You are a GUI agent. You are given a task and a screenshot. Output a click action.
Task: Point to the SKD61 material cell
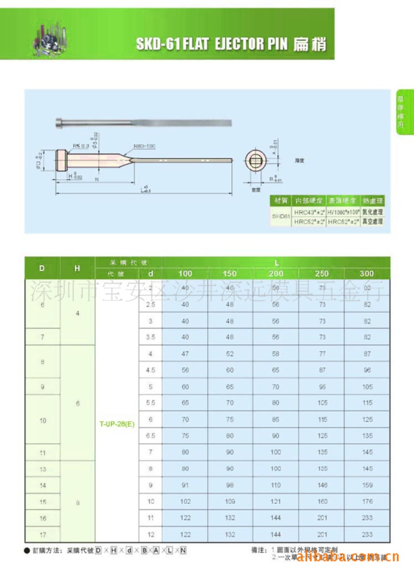[280, 216]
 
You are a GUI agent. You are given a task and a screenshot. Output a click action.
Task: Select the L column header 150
[230, 273]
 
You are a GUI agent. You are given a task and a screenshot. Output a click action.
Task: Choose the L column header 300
[367, 273]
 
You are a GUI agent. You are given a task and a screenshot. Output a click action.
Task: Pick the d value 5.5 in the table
[150, 403]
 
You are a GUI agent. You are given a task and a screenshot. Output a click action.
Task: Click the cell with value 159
[367, 485]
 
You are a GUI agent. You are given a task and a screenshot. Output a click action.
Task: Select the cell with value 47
[185, 354]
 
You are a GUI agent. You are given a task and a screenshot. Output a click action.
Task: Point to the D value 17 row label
[43, 534]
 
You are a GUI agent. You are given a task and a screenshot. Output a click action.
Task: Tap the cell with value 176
[367, 501]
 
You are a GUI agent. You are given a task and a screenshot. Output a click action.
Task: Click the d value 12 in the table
[150, 534]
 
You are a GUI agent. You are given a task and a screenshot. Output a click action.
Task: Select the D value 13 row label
[43, 469]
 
